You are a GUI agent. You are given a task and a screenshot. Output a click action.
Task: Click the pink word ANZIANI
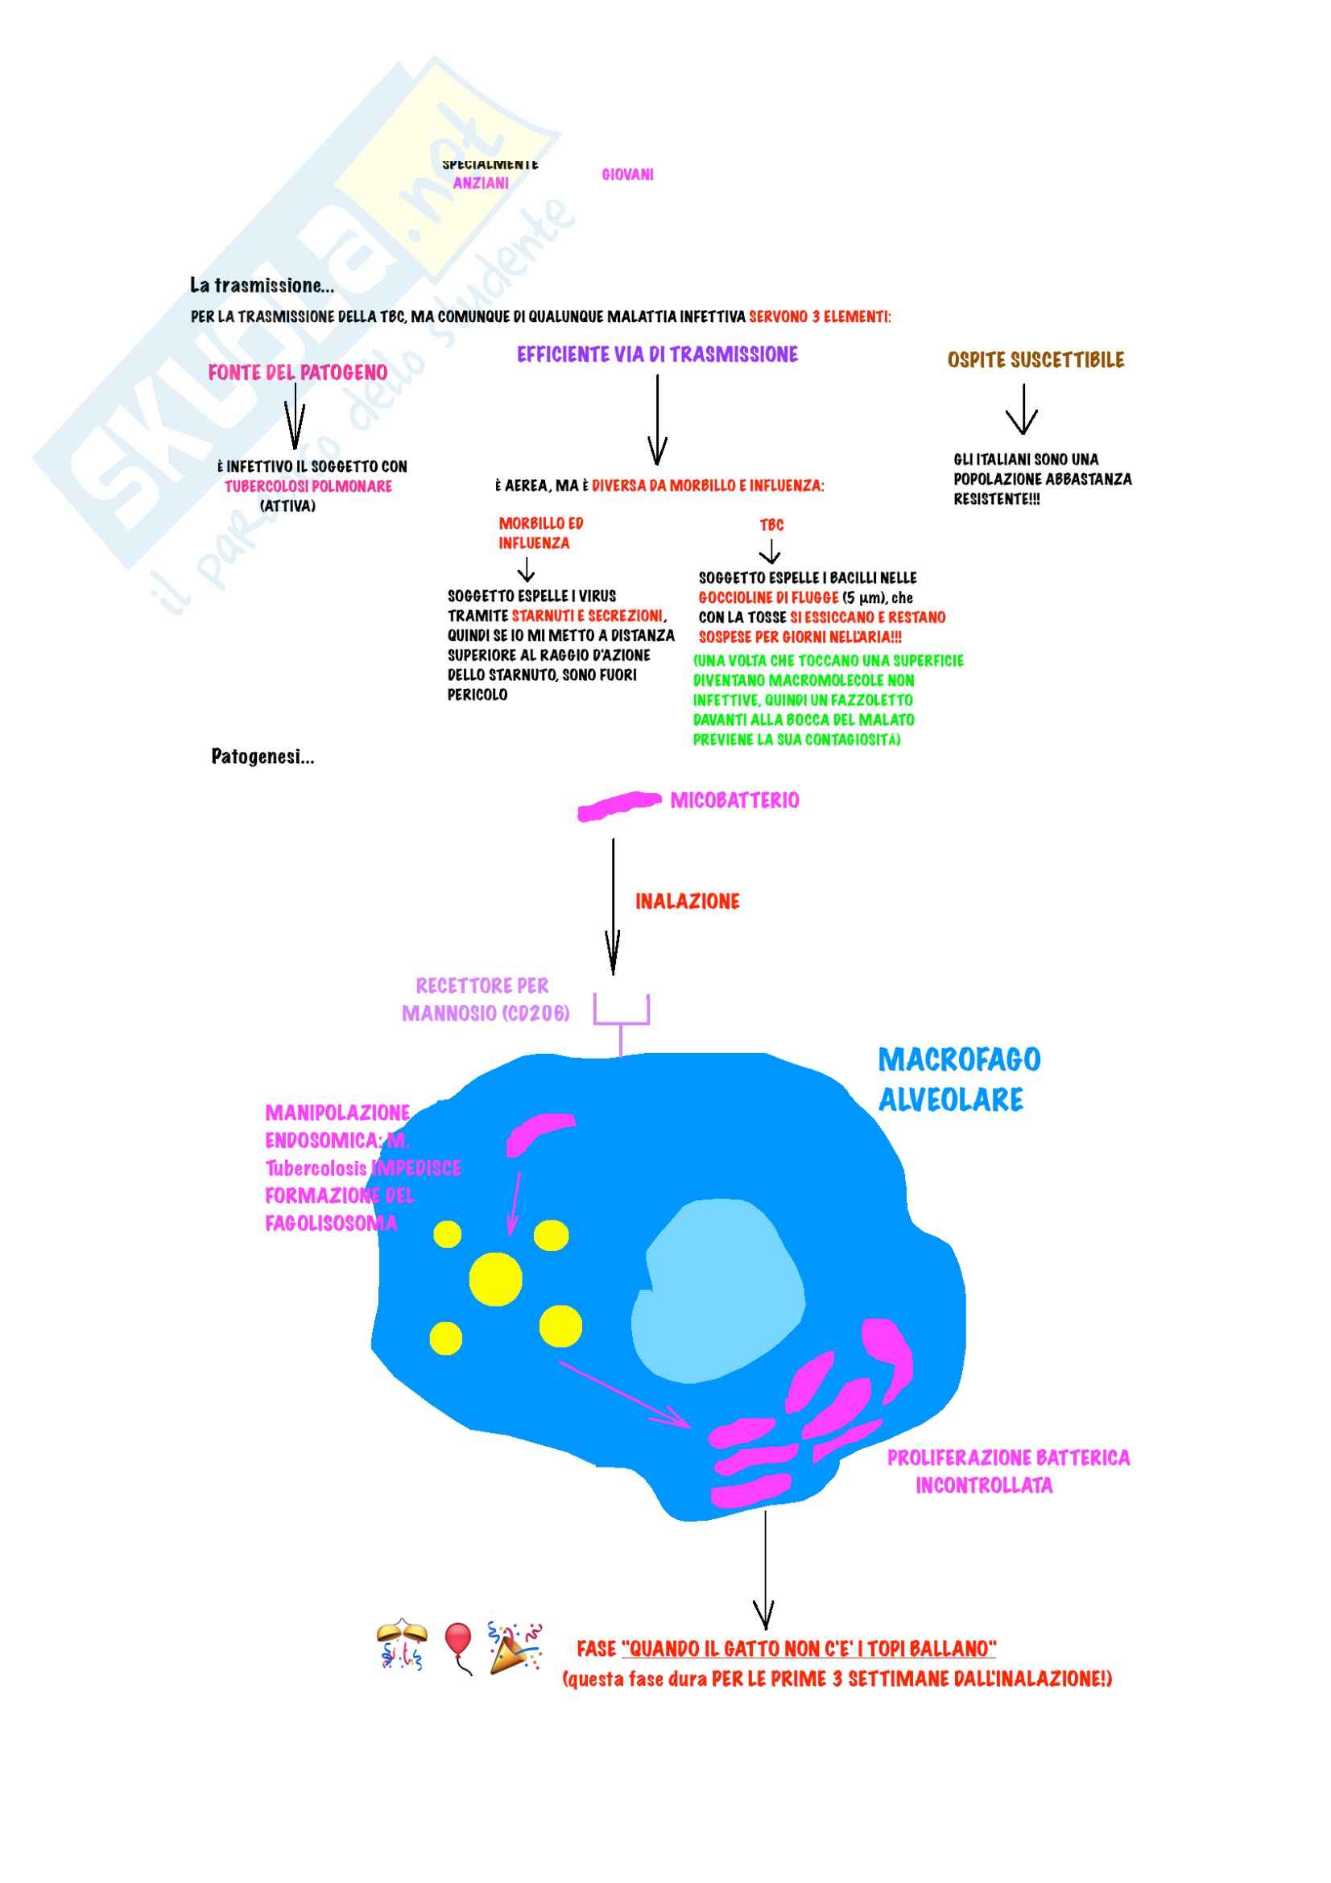481,183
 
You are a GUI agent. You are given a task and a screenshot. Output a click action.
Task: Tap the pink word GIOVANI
627,174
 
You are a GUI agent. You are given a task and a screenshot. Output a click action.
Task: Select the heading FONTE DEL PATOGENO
298,373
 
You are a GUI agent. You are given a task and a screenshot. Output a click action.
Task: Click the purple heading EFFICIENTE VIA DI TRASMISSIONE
657,354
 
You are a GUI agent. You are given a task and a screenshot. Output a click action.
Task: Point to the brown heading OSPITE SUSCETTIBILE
1035,360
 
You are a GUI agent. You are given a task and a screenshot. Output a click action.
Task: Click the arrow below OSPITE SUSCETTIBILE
1022,409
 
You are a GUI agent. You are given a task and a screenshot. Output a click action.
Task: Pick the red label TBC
771,525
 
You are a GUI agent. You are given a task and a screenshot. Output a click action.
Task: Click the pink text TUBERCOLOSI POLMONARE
308,486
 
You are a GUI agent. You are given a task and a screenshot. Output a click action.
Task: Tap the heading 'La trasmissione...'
262,286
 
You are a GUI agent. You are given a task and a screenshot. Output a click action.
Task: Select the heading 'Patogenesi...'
262,756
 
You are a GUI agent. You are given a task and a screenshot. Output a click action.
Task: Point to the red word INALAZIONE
687,902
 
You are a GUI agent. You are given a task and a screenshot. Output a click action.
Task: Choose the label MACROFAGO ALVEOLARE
959,1079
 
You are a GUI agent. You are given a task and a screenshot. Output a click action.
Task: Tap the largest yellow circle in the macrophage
495,1278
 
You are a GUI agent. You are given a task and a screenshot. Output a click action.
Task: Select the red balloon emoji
457,1646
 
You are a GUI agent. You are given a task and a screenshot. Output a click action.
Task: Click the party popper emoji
515,1646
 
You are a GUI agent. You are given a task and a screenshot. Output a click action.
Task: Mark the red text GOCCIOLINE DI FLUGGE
768,598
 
